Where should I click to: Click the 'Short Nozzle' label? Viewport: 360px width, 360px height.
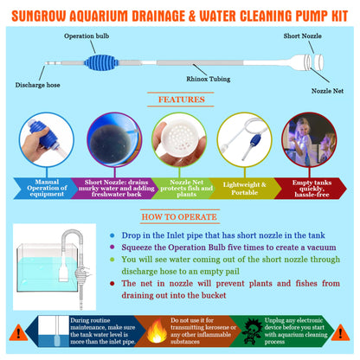tap(301, 36)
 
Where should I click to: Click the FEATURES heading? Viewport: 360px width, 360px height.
tap(181, 100)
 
